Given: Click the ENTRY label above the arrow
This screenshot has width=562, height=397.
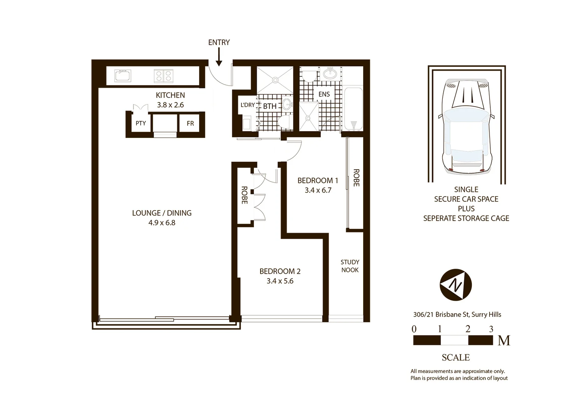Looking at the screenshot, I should coord(219,43).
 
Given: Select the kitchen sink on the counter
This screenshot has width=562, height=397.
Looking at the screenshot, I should coord(123,76).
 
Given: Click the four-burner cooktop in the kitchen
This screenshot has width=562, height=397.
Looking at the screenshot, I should coord(163,76).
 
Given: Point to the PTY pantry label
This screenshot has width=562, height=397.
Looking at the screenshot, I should coord(141,124).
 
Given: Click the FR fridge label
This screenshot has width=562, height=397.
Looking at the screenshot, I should coord(190,124).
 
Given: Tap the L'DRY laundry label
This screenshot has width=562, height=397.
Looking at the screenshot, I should coord(247,105).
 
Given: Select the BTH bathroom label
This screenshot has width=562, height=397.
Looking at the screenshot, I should coord(270,106).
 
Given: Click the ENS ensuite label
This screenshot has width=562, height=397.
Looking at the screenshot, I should coord(324,94).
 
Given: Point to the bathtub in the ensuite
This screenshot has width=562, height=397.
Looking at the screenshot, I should coord(353,109).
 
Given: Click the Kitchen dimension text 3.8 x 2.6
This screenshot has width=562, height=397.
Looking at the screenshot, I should coord(170,105).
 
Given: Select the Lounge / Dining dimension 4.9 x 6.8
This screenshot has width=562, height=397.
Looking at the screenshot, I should coord(162,222).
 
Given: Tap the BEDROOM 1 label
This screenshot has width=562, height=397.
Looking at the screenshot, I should coord(318,180).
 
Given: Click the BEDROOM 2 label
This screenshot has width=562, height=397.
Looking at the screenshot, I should coord(280,271).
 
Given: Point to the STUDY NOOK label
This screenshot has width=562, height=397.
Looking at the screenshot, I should coord(350,266).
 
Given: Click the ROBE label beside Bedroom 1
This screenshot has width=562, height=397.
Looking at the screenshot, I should coord(356,178).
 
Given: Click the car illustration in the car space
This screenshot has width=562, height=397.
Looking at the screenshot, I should coord(466,125).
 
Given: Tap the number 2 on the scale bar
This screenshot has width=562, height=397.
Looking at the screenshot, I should coord(467,329).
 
